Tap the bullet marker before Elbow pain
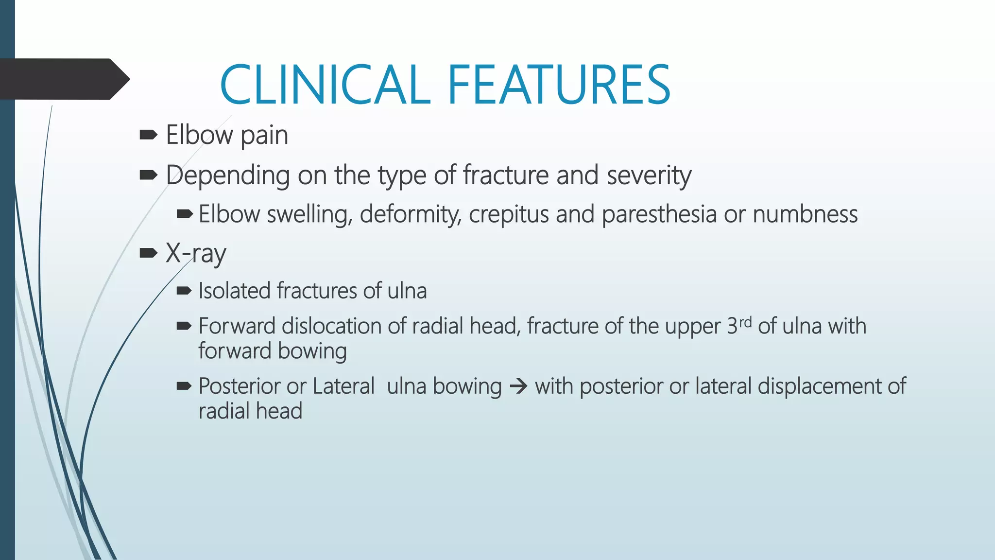pyautogui.click(x=148, y=135)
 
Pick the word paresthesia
pyautogui.click(x=659, y=214)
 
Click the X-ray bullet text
pyautogui.click(x=196, y=253)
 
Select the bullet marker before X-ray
pyautogui.click(x=148, y=253)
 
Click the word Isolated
pyautogui.click(x=234, y=291)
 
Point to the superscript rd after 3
pyautogui.click(x=745, y=322)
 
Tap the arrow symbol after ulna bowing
pyautogui.click(x=518, y=387)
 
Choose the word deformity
pyautogui.click(x=411, y=214)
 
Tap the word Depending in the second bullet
pyautogui.click(x=227, y=175)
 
